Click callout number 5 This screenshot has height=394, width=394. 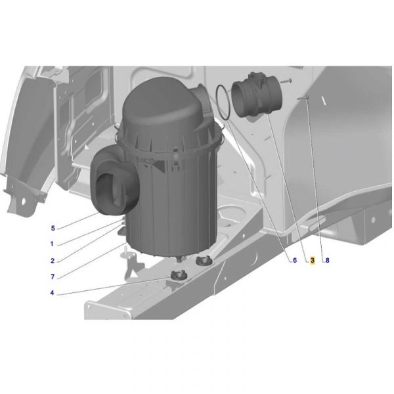point(53,229)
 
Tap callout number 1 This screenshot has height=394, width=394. point(52,244)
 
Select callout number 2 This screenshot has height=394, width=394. point(53,261)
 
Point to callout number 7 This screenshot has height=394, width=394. point(53,277)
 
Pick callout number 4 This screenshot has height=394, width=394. point(52,293)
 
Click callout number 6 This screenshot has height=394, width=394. point(295,260)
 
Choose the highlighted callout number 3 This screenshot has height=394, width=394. point(313,260)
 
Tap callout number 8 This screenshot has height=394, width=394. point(327,260)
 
